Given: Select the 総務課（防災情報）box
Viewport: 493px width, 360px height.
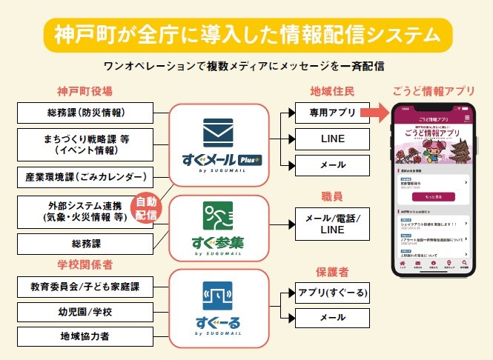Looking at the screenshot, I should coord(84,113).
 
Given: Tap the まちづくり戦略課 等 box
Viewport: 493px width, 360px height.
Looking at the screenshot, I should coord(84,144).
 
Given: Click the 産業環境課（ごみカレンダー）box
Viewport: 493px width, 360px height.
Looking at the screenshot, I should coord(84,177).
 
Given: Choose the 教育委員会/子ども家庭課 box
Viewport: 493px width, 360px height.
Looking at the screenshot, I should coord(84,286).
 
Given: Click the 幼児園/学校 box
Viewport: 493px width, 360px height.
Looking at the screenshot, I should coord(84,311).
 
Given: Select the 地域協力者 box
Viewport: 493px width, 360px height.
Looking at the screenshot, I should coord(84,336).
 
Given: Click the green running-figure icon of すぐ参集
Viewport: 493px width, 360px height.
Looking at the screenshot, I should coord(218,216).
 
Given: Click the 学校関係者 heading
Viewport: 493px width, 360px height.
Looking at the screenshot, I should coord(85,264).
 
